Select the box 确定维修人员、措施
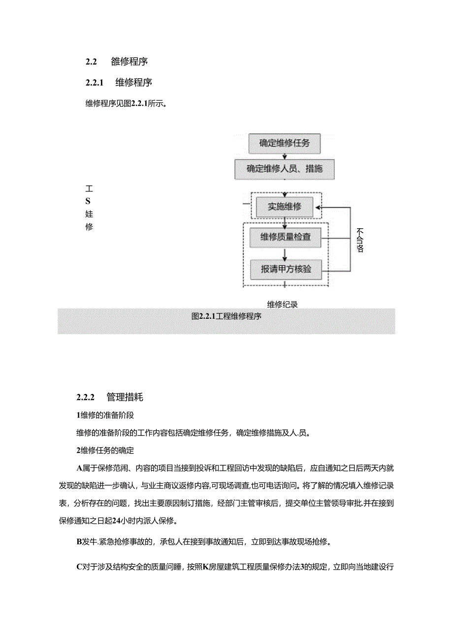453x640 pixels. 284,169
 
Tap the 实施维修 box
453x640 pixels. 284,207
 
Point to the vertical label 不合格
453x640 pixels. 360,240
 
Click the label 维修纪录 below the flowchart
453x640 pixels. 283,304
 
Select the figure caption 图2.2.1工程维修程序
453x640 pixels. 226,316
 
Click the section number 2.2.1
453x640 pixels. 94,83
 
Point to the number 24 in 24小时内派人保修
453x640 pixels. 117,521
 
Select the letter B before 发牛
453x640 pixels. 79,543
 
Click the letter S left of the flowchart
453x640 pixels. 89,201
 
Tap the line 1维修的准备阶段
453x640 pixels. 105,415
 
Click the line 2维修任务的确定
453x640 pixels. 105,450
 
